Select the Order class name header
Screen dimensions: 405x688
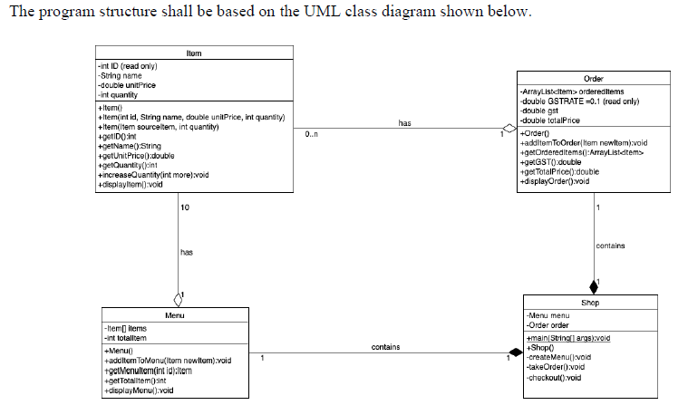pos(594,79)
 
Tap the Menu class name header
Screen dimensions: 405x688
pos(174,314)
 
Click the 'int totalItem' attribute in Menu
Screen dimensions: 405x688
pos(126,337)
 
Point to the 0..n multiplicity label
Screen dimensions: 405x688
pos(312,136)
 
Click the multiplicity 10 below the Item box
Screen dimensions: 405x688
pos(185,209)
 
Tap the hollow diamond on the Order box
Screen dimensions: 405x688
pos(509,128)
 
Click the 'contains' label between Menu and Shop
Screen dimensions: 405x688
pos(385,346)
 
